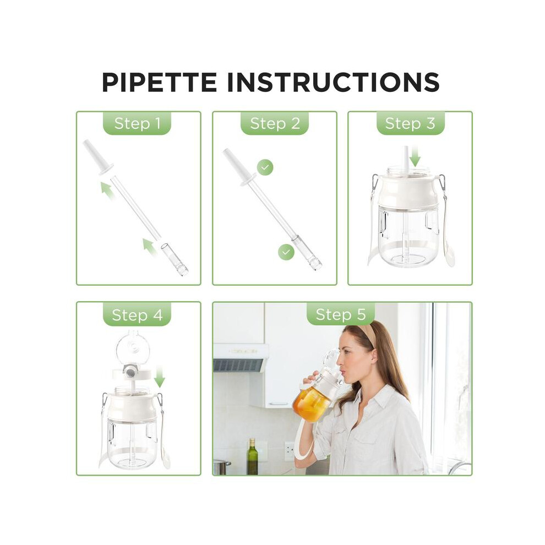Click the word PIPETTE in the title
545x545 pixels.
tap(160, 83)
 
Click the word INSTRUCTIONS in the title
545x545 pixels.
tap(333, 83)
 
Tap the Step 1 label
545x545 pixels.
tap(137, 123)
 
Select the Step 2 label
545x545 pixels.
tap(275, 123)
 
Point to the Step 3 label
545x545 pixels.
tap(411, 123)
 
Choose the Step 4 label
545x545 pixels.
tap(137, 315)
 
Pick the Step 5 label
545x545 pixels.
tap(341, 314)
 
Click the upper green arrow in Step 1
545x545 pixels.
tap(108, 191)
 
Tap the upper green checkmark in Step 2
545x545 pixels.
tap(265, 167)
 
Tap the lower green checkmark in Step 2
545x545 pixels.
tap(286, 252)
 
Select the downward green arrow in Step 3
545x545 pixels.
tap(415, 156)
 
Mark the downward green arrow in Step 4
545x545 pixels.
tap(160, 376)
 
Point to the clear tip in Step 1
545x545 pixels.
tap(174, 259)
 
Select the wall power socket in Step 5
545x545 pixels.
tap(290, 449)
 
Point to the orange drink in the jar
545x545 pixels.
tap(311, 404)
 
